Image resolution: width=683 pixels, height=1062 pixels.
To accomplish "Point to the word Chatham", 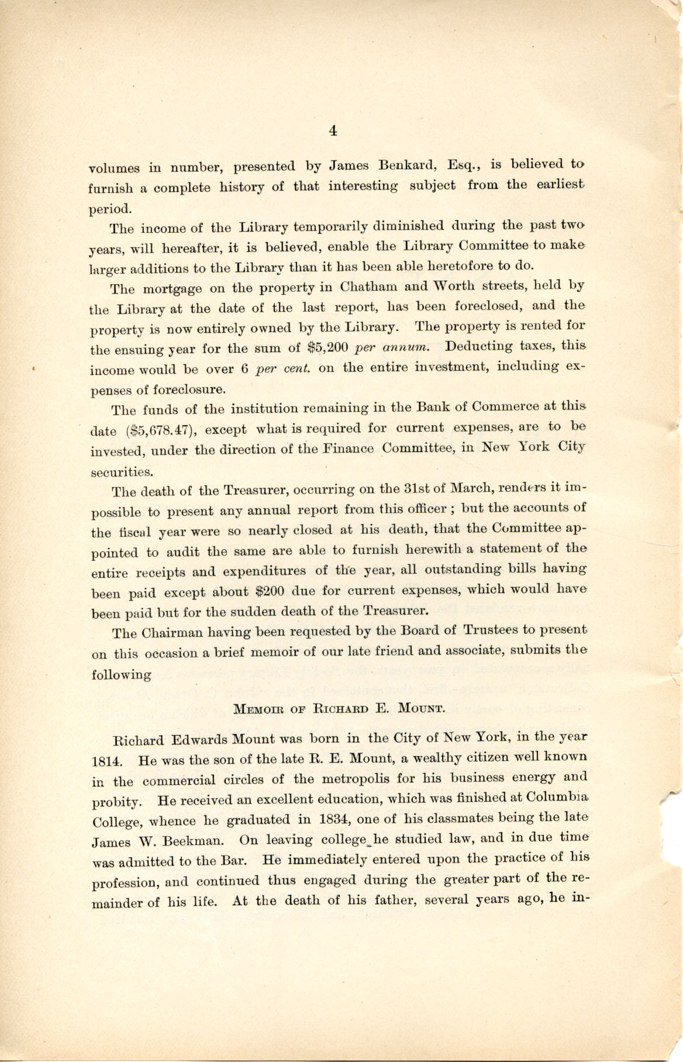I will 368,287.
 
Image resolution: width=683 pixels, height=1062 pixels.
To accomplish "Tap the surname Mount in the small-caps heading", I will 422,709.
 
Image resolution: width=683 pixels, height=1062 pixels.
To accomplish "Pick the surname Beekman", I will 190,842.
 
